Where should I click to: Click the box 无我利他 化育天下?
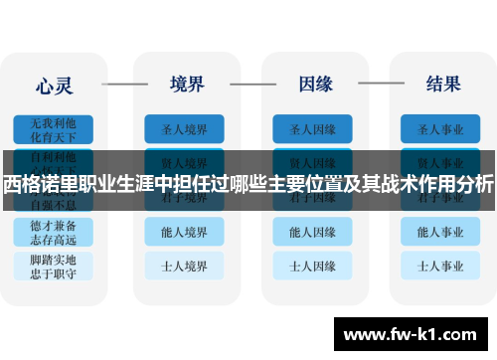(x=55, y=129)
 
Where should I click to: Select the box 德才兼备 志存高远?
(x=55, y=232)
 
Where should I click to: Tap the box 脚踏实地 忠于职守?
(x=55, y=266)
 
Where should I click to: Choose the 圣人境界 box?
(x=184, y=129)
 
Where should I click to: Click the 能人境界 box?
(x=184, y=232)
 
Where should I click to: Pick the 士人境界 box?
(x=184, y=266)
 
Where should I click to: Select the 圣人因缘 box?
(x=313, y=129)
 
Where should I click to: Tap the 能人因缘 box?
(x=313, y=232)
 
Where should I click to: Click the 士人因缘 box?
(x=313, y=266)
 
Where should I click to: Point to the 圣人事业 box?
(x=441, y=129)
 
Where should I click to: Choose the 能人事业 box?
(x=441, y=232)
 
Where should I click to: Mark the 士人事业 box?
(x=441, y=266)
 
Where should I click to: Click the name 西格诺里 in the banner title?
(x=42, y=183)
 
